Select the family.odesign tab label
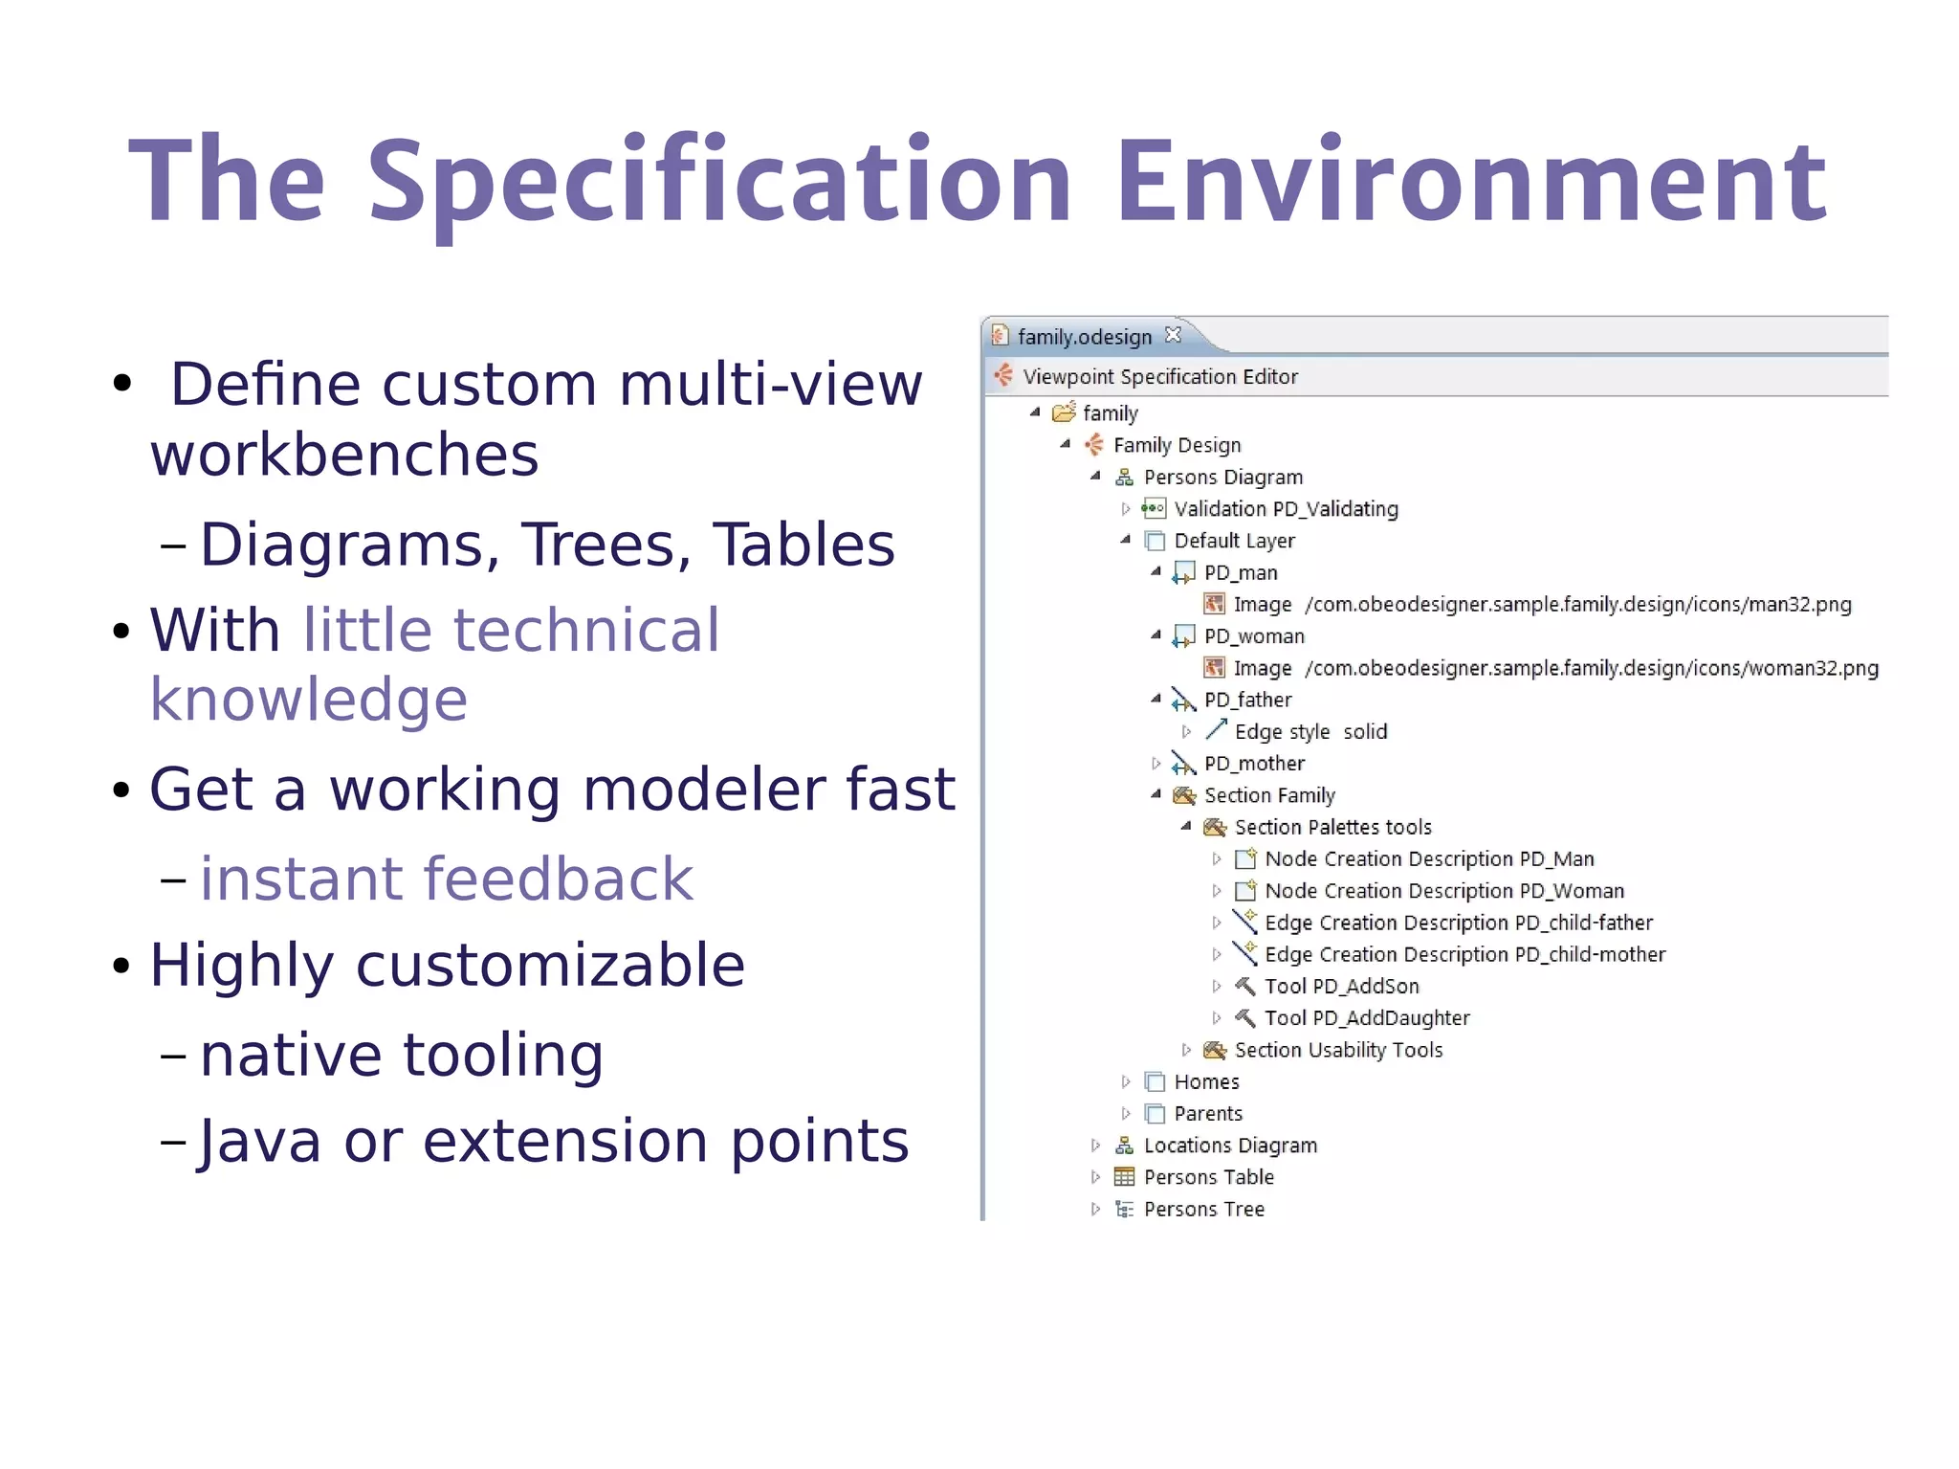click(1084, 337)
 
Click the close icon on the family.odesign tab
click(1174, 335)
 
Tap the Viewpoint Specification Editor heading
click(1159, 377)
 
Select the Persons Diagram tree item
click(1222, 477)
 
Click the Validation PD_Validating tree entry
click(1286, 509)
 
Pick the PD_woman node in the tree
click(1253, 636)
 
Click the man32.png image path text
click(1578, 605)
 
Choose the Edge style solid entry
click(1310, 732)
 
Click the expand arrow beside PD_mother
click(1156, 764)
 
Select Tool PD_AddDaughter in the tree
click(1366, 1018)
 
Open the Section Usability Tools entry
click(1337, 1050)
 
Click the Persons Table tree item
click(1208, 1177)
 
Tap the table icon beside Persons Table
click(1125, 1177)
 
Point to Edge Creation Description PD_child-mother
click(1464, 954)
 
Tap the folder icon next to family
click(1064, 413)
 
